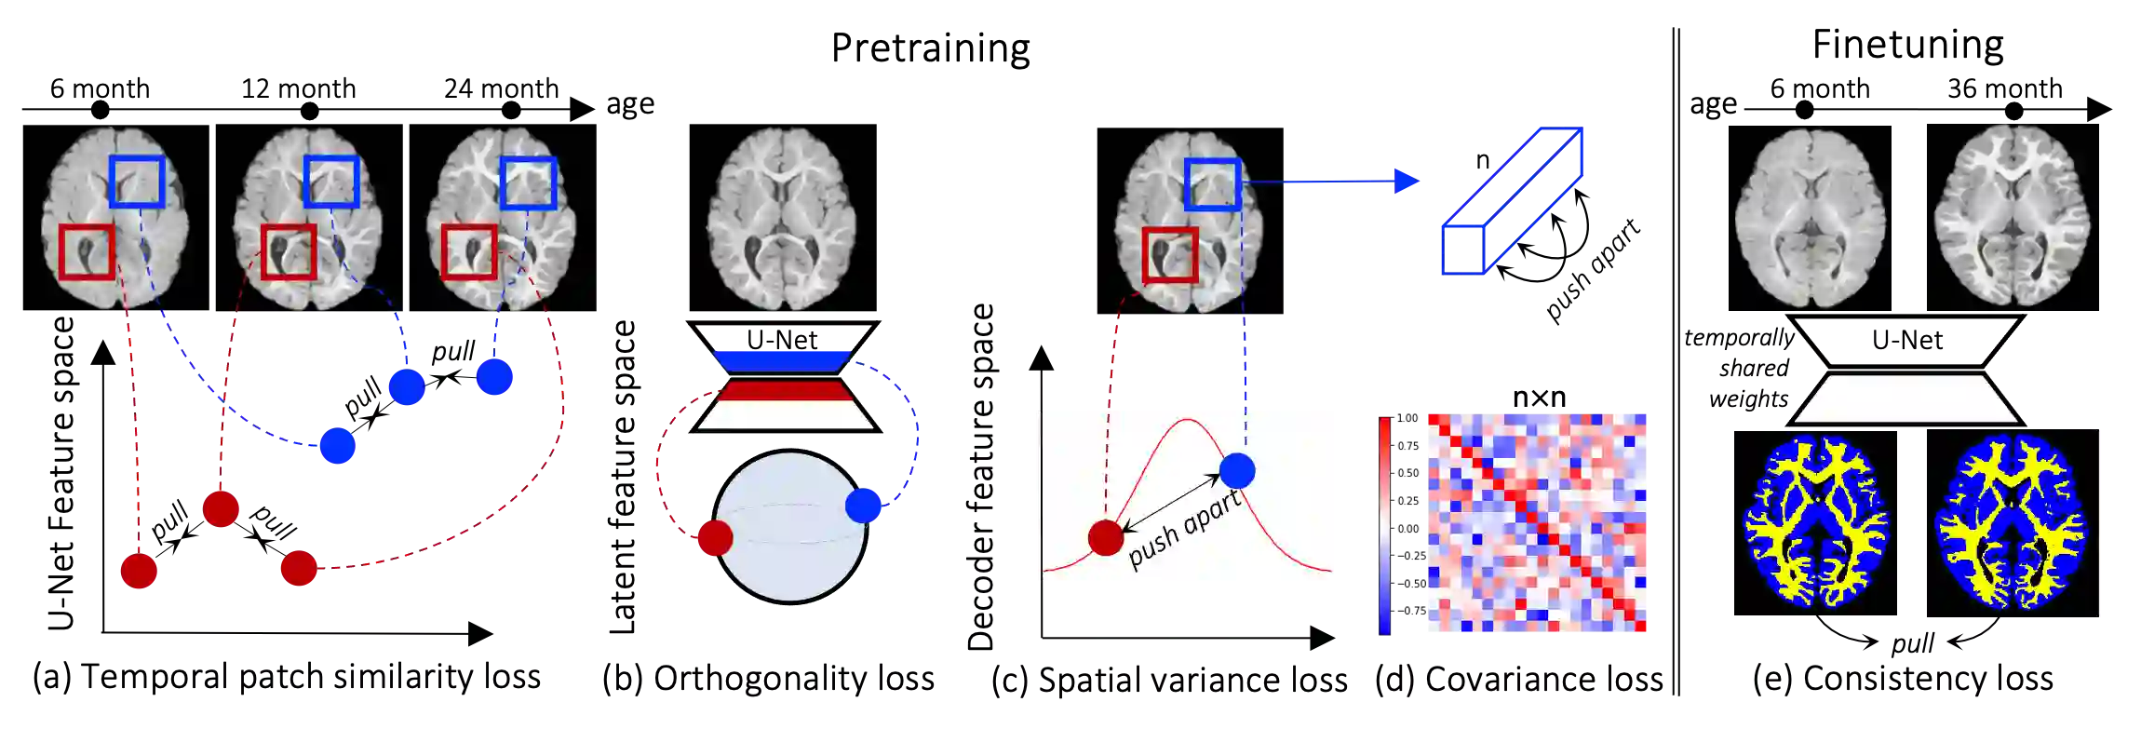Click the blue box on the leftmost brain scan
[x=137, y=181]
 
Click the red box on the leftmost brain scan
[x=87, y=251]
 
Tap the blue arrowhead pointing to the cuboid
[x=1407, y=182]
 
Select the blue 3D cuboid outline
[x=1512, y=201]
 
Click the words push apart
[x=1184, y=527]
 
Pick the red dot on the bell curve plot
[x=1106, y=537]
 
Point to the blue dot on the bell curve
[x=1237, y=470]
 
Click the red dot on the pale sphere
[x=715, y=538]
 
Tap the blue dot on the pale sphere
[x=864, y=505]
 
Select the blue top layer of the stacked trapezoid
[x=782, y=360]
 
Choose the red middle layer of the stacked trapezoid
[x=783, y=390]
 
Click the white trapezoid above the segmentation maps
[x=1905, y=398]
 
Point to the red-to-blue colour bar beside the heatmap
[x=1385, y=525]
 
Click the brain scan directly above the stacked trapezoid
[x=782, y=220]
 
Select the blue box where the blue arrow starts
[x=1212, y=184]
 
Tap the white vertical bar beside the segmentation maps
[x=2102, y=521]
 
